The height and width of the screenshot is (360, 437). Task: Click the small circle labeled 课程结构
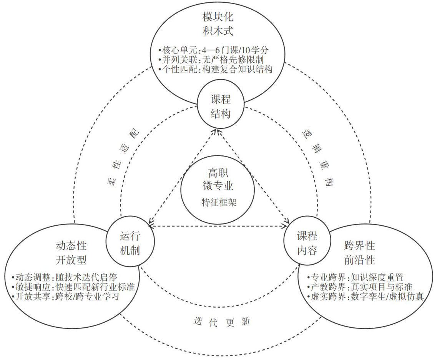pyautogui.click(x=221, y=107)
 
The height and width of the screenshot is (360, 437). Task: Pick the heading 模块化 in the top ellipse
pyautogui.click(x=218, y=18)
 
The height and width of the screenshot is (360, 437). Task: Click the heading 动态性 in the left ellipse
pyautogui.click(x=71, y=245)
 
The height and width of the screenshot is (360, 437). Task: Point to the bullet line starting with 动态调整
pyautogui.click(x=64, y=277)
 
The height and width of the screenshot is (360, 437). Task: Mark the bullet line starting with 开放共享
pyautogui.click(x=65, y=297)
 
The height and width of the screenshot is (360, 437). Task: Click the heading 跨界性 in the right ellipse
pyautogui.click(x=359, y=245)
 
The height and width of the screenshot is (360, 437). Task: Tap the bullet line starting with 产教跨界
pyautogui.click(x=360, y=287)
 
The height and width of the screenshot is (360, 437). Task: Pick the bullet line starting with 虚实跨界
pyautogui.click(x=365, y=297)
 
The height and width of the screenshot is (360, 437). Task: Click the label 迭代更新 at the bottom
pyautogui.click(x=221, y=321)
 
